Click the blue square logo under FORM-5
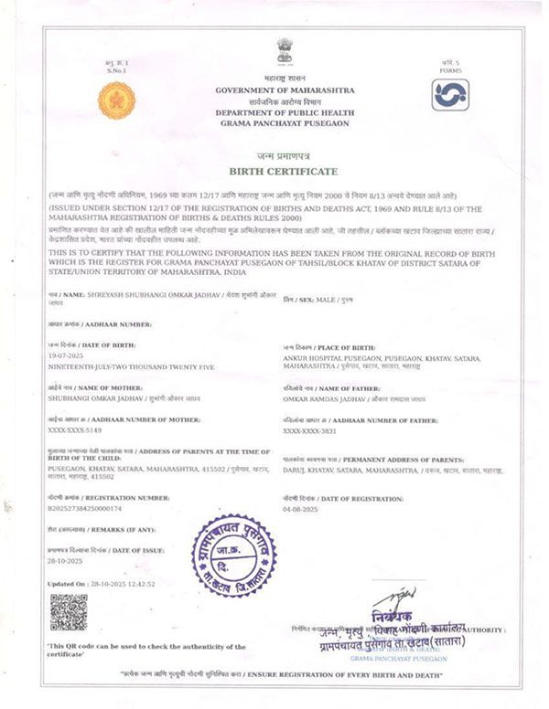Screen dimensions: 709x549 pyautogui.click(x=450, y=94)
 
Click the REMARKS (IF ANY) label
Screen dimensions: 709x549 pyautogui.click(x=87, y=529)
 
